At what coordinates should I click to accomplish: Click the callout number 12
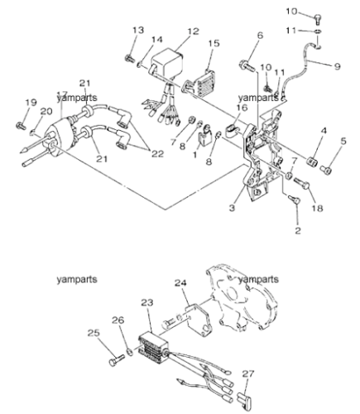pyautogui.click(x=193, y=31)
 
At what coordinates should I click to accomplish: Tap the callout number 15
pyautogui.click(x=214, y=43)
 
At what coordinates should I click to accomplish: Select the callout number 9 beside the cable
pyautogui.click(x=337, y=66)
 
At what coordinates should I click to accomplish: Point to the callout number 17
pyautogui.click(x=62, y=94)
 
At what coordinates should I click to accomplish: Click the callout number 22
pyautogui.click(x=158, y=153)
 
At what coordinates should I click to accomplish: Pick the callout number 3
pyautogui.click(x=232, y=208)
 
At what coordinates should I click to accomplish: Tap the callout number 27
pyautogui.click(x=248, y=374)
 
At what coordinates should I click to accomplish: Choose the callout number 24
pyautogui.click(x=180, y=283)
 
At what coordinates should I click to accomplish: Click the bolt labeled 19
pyautogui.click(x=21, y=126)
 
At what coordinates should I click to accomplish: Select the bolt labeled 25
pyautogui.click(x=117, y=360)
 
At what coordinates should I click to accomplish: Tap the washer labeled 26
pyautogui.click(x=130, y=352)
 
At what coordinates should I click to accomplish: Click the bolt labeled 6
pyautogui.click(x=247, y=65)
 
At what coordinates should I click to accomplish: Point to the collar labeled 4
pyautogui.click(x=313, y=161)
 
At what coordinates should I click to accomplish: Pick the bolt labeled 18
pyautogui.click(x=301, y=183)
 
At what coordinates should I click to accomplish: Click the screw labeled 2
pyautogui.click(x=293, y=199)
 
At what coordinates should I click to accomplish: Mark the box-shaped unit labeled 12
pyautogui.click(x=166, y=64)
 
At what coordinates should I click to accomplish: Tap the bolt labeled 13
pyautogui.click(x=129, y=58)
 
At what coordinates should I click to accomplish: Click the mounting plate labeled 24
pyautogui.click(x=199, y=320)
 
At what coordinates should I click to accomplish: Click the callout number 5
pyautogui.click(x=343, y=141)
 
